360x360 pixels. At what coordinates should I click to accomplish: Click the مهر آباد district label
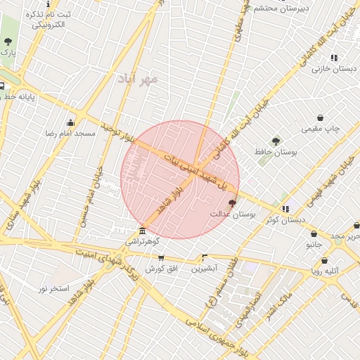pyautogui.click(x=139, y=79)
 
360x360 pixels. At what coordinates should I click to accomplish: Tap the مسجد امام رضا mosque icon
pyautogui.click(x=70, y=122)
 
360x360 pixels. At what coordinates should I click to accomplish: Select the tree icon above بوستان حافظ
pyautogui.click(x=276, y=141)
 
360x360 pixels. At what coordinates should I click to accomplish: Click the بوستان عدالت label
pyautogui.click(x=233, y=212)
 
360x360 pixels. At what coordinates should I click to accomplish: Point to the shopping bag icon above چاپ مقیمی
pyautogui.click(x=321, y=118)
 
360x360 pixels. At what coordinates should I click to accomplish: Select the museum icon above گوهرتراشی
pyautogui.click(x=143, y=231)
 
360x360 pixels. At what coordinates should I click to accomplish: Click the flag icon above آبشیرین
pyautogui.click(x=205, y=257)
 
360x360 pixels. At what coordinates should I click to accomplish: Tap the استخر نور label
pyautogui.click(x=53, y=288)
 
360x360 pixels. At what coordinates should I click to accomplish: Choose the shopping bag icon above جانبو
pyautogui.click(x=314, y=234)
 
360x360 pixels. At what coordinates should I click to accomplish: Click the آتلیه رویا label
pyautogui.click(x=325, y=270)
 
